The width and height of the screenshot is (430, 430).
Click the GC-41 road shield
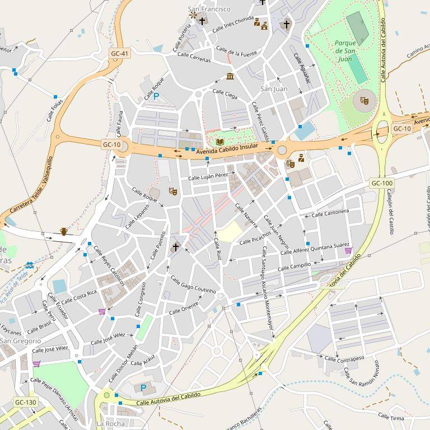click(x=119, y=54)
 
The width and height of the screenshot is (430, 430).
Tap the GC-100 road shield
click(x=382, y=183)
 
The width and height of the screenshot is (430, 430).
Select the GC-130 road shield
click(x=26, y=402)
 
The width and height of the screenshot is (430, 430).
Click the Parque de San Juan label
click(x=346, y=50)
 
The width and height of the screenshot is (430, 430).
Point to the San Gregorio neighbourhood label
click(x=20, y=340)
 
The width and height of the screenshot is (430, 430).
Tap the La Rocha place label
click(x=110, y=423)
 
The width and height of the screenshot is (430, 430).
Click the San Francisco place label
click(x=209, y=9)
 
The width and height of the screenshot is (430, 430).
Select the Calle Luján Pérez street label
click(x=208, y=176)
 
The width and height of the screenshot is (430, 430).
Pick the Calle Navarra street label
click(x=246, y=215)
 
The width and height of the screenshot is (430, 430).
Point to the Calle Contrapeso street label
click(x=344, y=358)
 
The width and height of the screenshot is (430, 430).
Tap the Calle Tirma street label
click(x=391, y=416)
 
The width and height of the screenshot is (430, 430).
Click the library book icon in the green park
click(x=219, y=142)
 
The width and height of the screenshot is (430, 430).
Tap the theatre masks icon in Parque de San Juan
click(x=364, y=101)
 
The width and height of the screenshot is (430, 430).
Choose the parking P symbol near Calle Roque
click(x=156, y=96)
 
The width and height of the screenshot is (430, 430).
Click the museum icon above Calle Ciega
click(x=230, y=77)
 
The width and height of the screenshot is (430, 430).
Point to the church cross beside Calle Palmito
click(x=175, y=246)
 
